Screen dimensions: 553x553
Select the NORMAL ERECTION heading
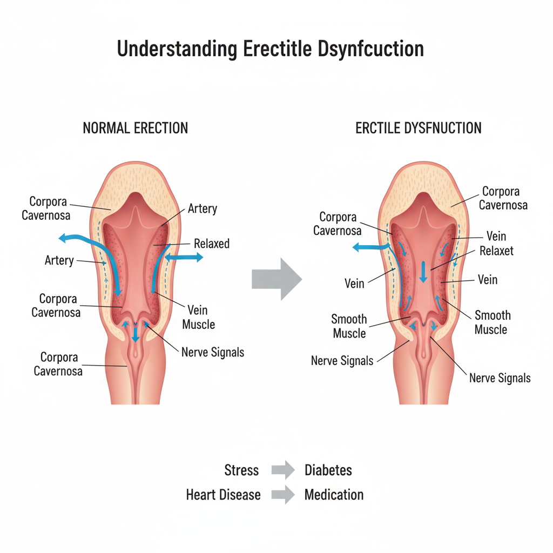[135, 128]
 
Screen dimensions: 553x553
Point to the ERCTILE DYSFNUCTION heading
[418, 128]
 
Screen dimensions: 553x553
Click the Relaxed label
[212, 244]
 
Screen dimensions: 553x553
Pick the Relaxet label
[496, 251]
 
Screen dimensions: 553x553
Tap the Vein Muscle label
[198, 318]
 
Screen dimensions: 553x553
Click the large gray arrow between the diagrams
[277, 279]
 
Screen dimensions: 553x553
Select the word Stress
[241, 470]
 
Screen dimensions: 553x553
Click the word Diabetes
[328, 470]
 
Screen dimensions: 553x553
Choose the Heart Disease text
[223, 495]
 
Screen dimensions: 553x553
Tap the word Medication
[334, 495]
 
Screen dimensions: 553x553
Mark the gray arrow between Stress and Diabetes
[283, 470]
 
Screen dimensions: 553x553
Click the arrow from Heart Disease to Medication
[283, 495]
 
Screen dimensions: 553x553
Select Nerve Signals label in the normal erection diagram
[213, 353]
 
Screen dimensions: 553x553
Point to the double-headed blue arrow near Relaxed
[184, 258]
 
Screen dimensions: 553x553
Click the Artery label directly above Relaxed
[202, 208]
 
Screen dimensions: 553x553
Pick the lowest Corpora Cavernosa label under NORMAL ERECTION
[59, 364]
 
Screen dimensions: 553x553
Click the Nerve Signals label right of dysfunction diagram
[500, 378]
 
